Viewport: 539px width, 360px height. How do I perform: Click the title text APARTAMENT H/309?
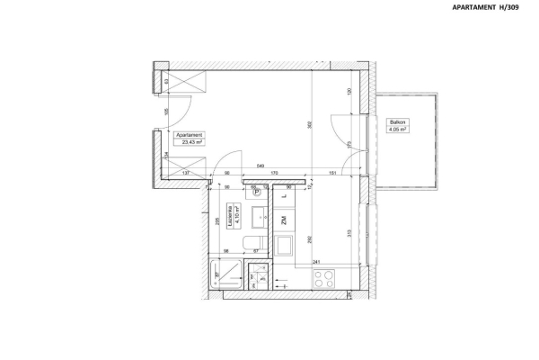click(489, 8)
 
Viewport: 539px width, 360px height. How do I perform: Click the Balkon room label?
click(397, 121)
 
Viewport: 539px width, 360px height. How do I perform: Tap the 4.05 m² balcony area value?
click(397, 130)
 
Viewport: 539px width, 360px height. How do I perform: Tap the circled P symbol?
click(256, 192)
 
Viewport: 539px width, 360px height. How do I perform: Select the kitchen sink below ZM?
click(284, 246)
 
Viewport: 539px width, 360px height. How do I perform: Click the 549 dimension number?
click(259, 166)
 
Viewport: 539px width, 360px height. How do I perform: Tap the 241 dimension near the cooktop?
click(317, 262)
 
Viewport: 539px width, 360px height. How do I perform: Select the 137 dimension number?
click(185, 174)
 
